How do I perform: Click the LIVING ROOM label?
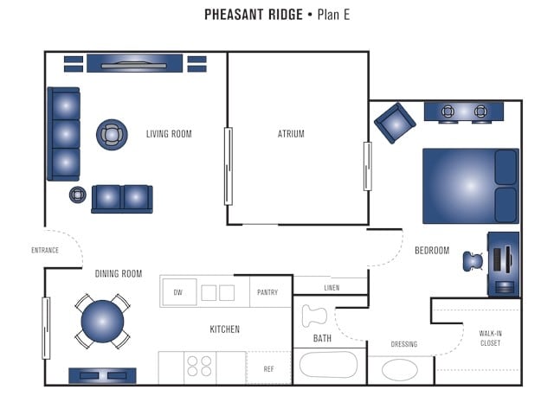coord(169,134)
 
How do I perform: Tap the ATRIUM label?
coord(291,134)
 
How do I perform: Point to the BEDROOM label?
coord(432,251)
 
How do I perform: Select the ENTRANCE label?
coord(45,251)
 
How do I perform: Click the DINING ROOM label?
coord(119,274)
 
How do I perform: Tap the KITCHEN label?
coord(224,329)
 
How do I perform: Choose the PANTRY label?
coord(267,292)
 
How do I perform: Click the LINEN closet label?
coord(332,288)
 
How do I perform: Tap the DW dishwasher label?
coord(177,292)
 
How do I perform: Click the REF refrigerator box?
coord(269,367)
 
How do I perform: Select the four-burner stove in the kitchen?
coord(200,367)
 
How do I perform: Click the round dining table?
coord(102,322)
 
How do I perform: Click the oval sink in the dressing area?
coord(400,369)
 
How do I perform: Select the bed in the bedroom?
coord(470,186)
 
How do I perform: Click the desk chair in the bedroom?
coord(473,260)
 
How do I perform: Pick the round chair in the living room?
coord(112,134)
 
